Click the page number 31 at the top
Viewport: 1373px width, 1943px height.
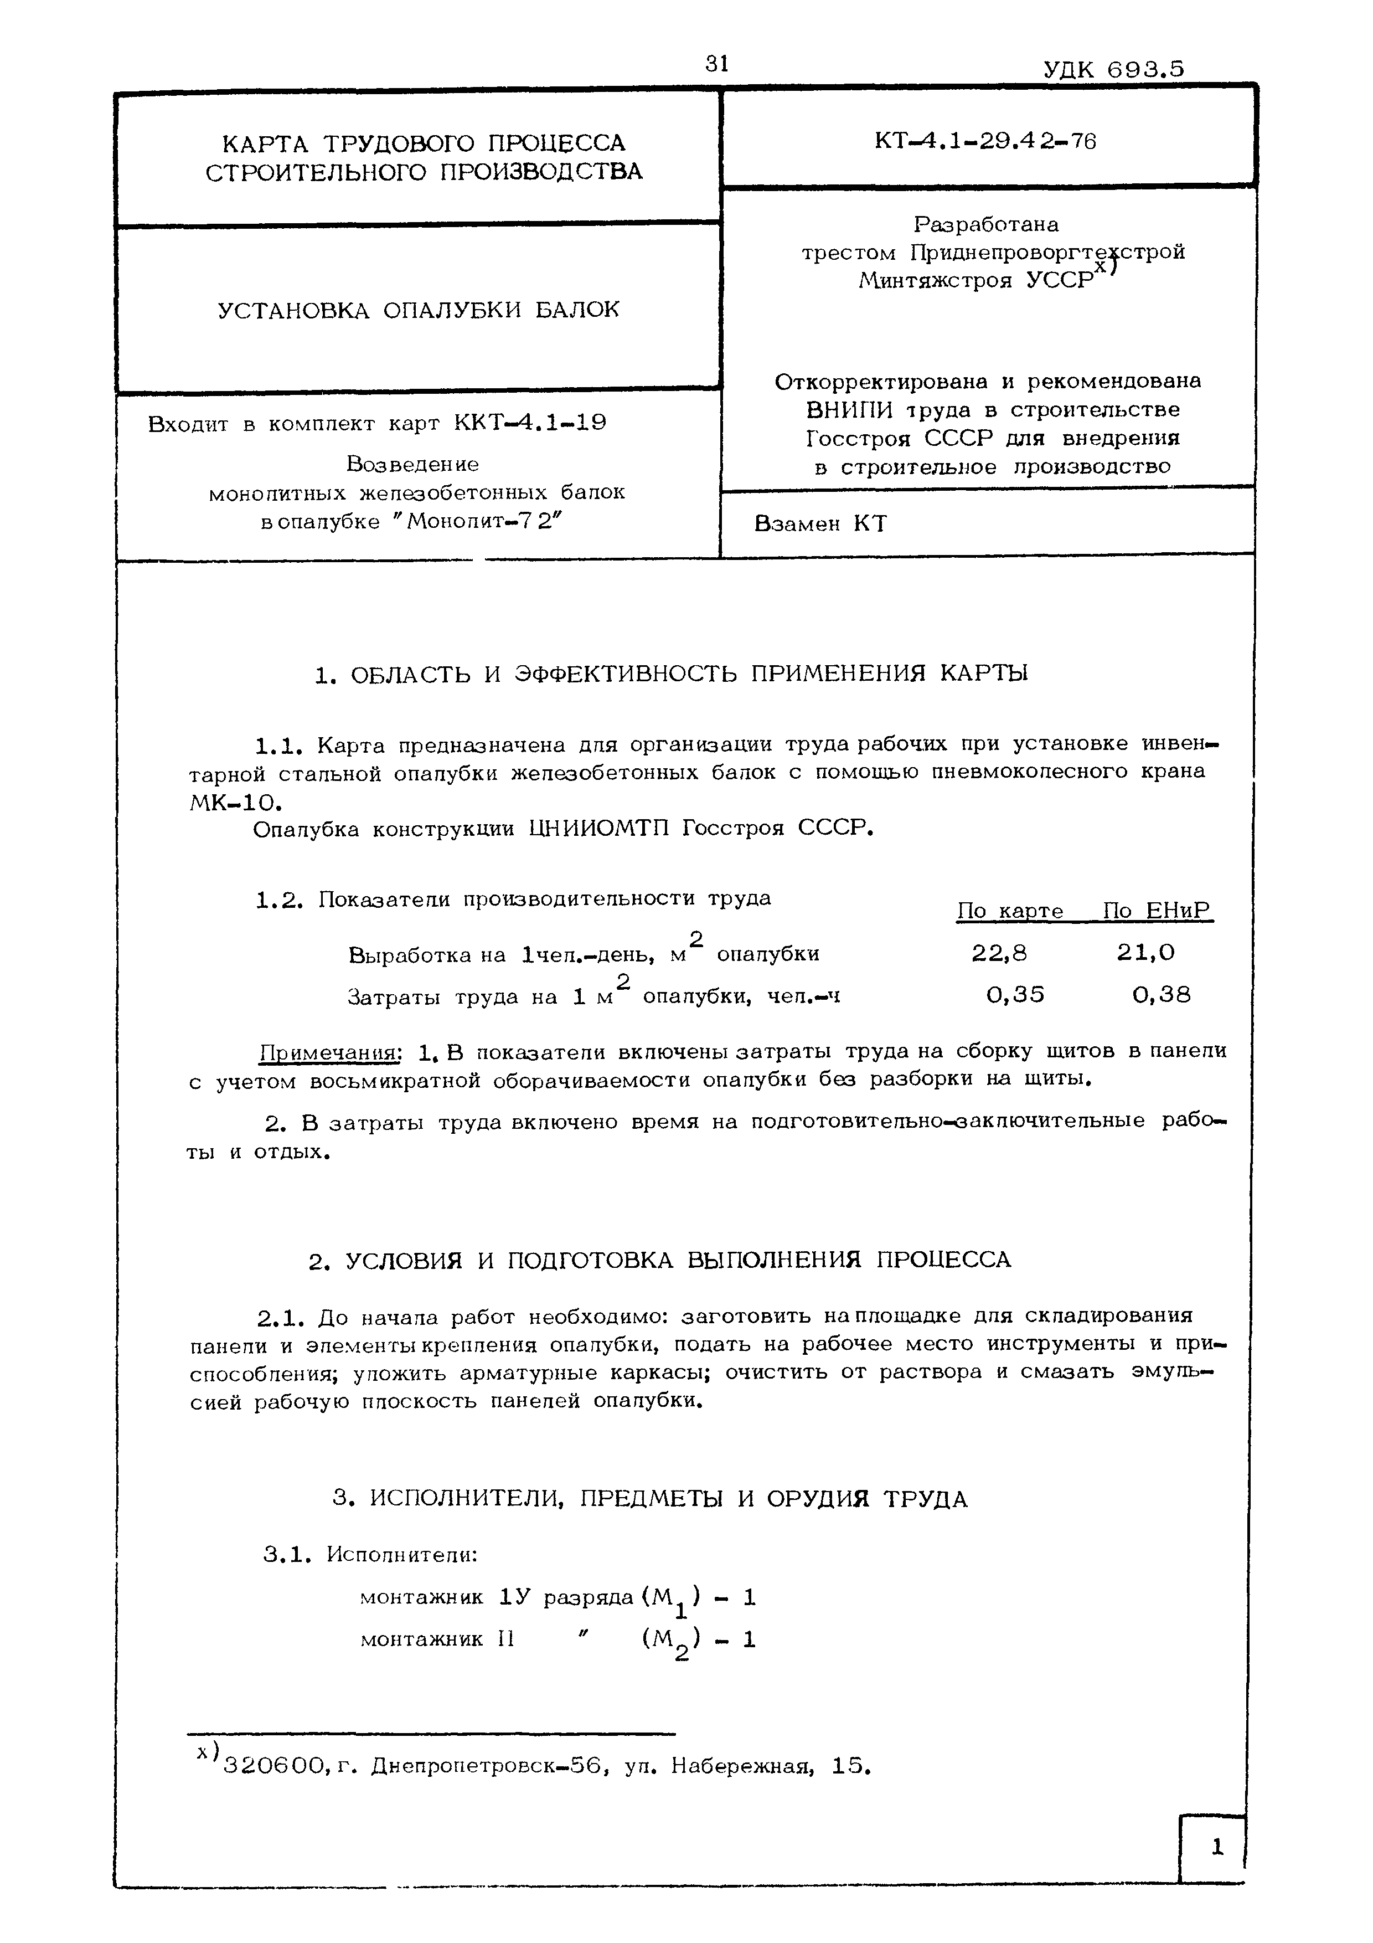pyautogui.click(x=716, y=64)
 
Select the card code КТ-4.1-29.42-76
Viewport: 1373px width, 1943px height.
pyautogui.click(x=985, y=141)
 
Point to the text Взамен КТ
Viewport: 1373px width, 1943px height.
pyautogui.click(x=820, y=524)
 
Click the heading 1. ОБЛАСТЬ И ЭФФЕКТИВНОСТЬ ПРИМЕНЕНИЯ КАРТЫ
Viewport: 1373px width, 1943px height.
pyautogui.click(x=671, y=675)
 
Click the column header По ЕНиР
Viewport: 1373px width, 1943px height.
pyautogui.click(x=1157, y=911)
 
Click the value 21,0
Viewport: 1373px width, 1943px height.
pyautogui.click(x=1145, y=954)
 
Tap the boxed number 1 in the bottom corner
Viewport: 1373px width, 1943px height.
pyautogui.click(x=1216, y=1847)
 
